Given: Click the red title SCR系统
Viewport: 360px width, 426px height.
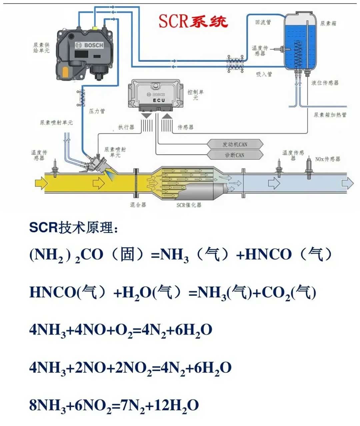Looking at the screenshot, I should [x=193, y=21].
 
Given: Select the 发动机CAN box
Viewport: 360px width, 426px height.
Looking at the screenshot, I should [x=235, y=144].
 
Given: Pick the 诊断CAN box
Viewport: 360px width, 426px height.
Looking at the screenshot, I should [x=235, y=155].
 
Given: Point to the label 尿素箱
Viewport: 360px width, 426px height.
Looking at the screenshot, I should [x=328, y=23].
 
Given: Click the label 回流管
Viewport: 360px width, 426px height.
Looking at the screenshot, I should [x=263, y=22].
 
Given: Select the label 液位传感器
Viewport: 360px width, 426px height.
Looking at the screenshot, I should [x=325, y=83].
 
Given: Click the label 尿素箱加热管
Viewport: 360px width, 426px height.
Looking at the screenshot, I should [x=330, y=115].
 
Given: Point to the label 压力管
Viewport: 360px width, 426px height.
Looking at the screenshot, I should [x=97, y=111].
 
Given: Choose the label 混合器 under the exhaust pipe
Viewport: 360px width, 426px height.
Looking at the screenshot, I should [x=138, y=205].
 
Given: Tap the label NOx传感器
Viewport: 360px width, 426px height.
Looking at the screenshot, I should [x=328, y=159].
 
